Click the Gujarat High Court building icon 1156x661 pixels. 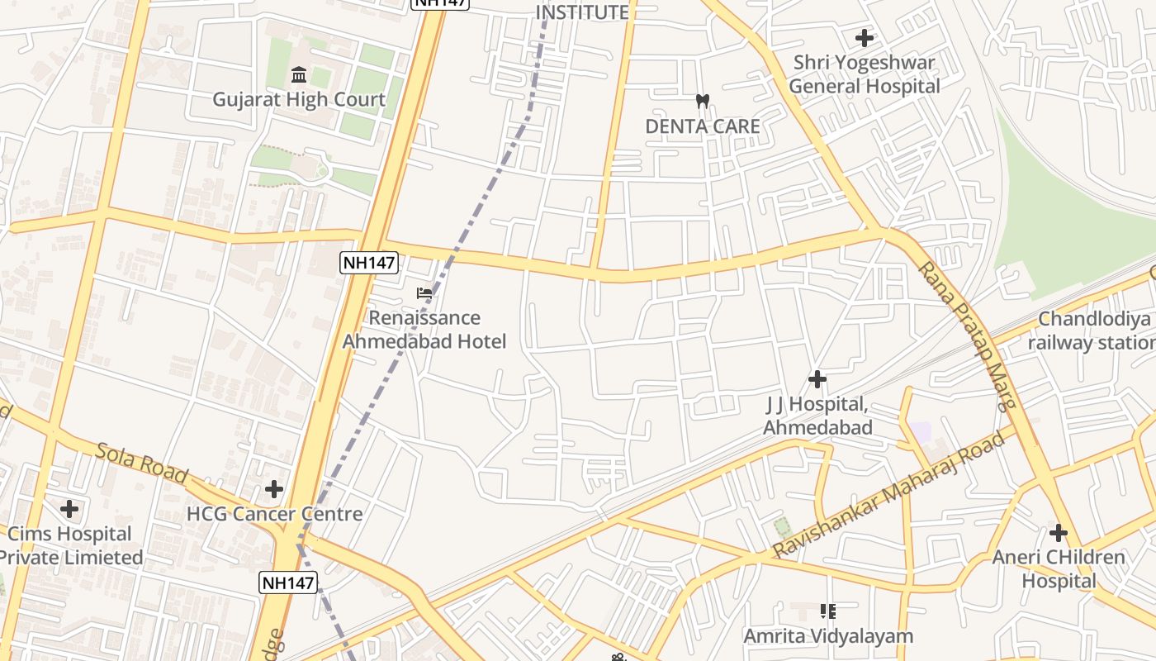coord(299,76)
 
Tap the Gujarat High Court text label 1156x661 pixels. coord(299,100)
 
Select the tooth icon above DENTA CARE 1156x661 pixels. coord(703,102)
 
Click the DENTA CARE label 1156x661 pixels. coord(703,126)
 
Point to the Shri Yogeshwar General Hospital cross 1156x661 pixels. coord(865,38)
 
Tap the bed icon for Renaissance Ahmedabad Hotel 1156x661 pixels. coord(424,293)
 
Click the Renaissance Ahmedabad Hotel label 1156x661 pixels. coord(424,330)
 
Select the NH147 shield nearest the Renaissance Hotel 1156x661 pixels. coord(369,264)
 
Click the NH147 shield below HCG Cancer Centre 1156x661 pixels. coord(288,583)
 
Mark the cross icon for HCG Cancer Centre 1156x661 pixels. coord(274,489)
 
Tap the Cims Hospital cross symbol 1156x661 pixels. coord(69,508)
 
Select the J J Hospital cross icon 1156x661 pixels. coord(817,379)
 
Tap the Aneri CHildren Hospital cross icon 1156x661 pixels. coord(1059,533)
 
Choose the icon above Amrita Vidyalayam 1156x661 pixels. coord(828,611)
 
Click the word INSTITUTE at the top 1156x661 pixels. coord(582,12)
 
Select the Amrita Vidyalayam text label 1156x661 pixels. coord(828,636)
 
